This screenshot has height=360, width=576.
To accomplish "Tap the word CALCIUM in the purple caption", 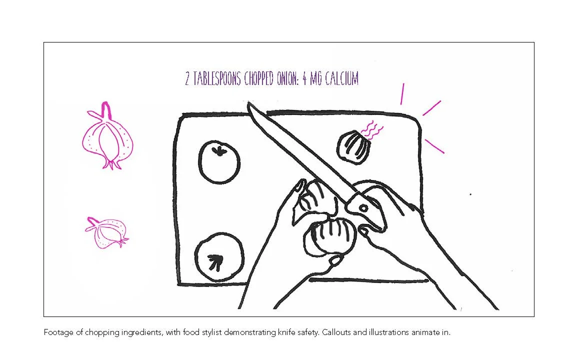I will click(342, 79).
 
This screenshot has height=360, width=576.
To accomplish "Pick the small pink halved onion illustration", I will click(106, 233).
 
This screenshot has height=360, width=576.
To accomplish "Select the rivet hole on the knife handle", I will click(363, 207).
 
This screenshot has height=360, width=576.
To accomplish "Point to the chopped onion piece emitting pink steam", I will click(354, 146).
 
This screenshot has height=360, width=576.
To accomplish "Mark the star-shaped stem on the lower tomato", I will click(215, 261).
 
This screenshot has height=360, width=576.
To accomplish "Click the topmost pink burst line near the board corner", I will click(401, 94).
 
